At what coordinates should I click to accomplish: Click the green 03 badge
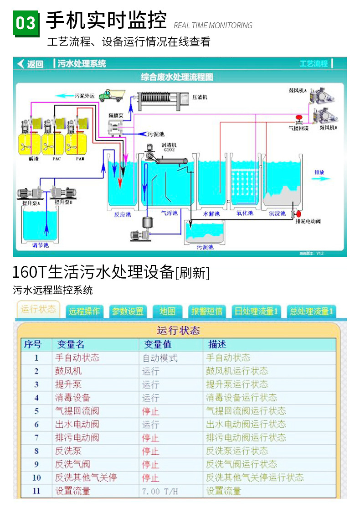(26, 22)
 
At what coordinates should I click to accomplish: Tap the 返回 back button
(30, 64)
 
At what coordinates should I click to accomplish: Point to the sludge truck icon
(111, 94)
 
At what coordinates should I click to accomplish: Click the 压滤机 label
(200, 97)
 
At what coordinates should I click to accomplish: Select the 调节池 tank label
(41, 245)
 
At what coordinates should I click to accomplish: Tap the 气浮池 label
(170, 213)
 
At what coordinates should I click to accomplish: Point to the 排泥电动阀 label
(309, 221)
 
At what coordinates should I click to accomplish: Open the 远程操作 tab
(84, 312)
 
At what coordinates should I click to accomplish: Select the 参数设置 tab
(128, 312)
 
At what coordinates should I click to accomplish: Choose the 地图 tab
(167, 312)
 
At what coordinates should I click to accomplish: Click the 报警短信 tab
(207, 312)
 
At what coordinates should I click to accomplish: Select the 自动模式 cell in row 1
(160, 358)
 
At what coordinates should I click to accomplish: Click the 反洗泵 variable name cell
(69, 451)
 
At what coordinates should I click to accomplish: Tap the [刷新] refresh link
(192, 273)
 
